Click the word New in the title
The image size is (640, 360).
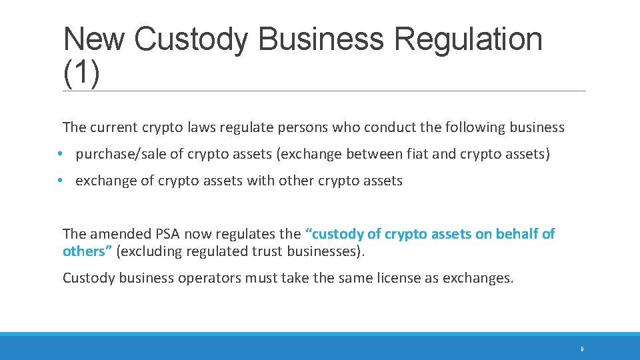point(93,39)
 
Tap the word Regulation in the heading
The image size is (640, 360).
point(468,39)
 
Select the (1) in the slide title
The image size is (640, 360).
point(82,71)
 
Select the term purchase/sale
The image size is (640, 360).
point(121,155)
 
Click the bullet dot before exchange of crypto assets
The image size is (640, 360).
point(60,181)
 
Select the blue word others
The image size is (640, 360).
point(83,251)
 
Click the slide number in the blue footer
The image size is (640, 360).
point(582,349)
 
